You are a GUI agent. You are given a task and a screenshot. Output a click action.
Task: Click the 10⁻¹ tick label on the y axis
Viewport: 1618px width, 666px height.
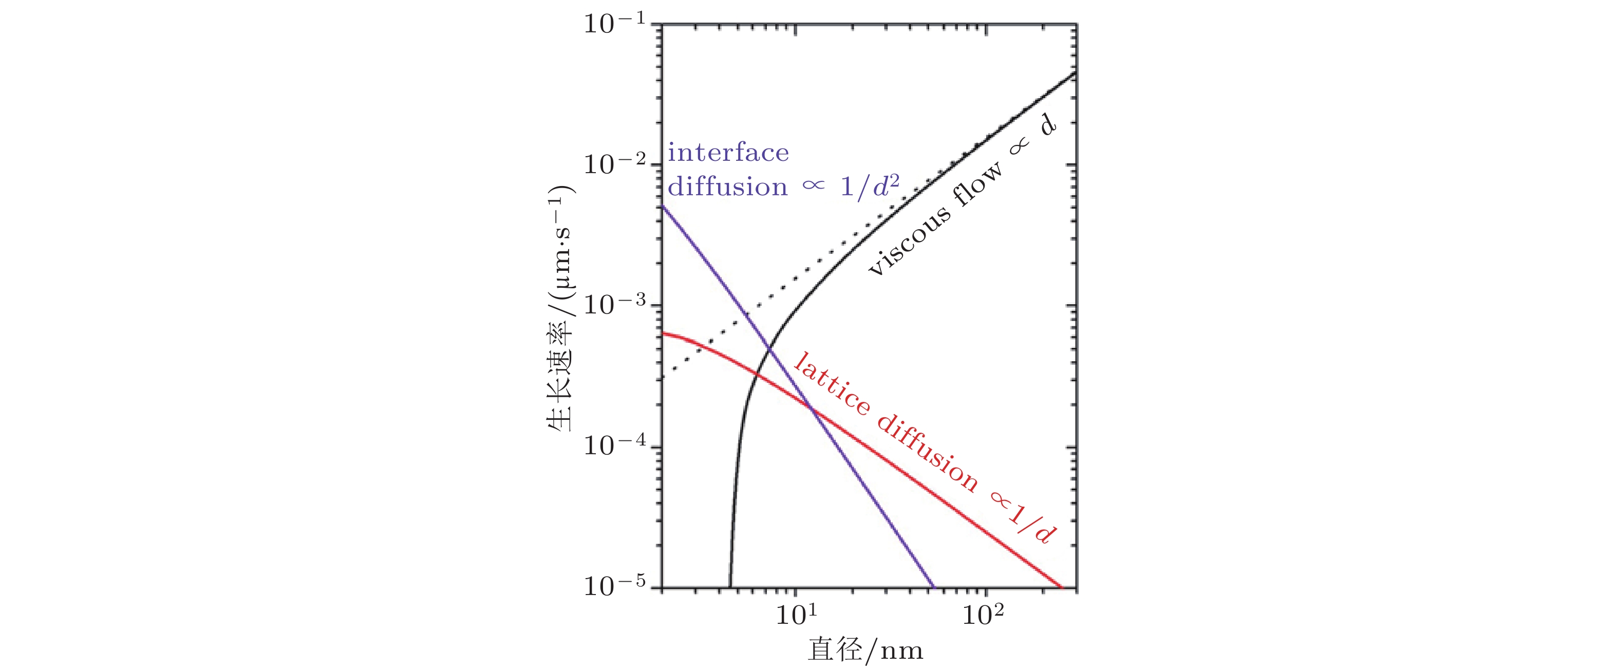click(x=614, y=24)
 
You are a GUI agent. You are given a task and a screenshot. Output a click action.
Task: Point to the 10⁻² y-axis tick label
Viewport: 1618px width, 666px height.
click(x=614, y=164)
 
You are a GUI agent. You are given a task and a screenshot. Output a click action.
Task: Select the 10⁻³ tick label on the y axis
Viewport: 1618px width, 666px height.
click(x=614, y=305)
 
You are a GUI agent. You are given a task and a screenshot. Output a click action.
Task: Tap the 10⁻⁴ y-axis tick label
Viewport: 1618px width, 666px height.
click(x=614, y=446)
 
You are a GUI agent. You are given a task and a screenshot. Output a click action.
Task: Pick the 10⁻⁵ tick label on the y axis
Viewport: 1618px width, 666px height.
click(x=614, y=586)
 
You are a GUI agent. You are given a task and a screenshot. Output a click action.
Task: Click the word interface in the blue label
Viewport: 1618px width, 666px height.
click(x=728, y=153)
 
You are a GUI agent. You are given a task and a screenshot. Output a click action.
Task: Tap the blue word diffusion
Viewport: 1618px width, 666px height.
click(x=727, y=187)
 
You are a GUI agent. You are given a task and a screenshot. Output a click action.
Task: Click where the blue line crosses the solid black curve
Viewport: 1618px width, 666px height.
click(x=769, y=347)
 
